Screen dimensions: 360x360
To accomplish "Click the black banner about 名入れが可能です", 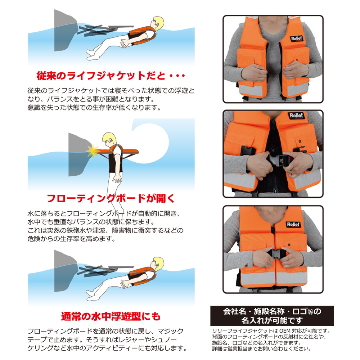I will pos(272,316).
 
